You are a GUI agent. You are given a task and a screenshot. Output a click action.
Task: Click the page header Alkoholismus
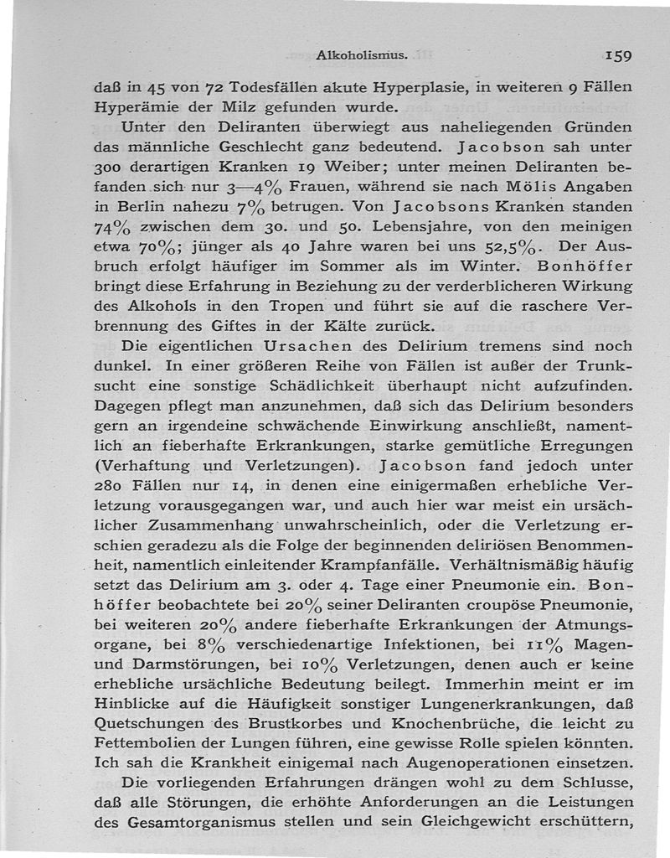[x=362, y=55]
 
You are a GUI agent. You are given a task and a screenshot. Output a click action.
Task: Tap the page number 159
[x=615, y=55]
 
